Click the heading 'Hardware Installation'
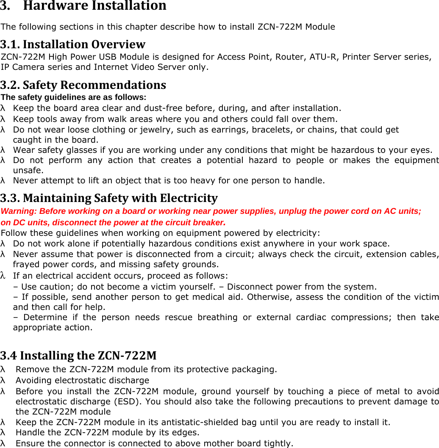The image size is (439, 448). (94, 6)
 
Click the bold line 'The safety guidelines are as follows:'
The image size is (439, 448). (74, 97)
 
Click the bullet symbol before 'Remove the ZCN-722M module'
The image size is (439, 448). (3, 370)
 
